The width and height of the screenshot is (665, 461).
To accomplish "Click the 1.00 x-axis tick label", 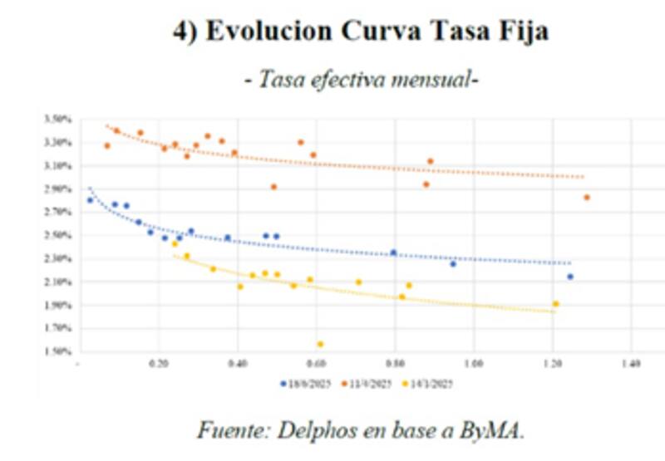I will point(474,364).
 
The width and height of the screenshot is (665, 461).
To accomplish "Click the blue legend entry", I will point(303,384).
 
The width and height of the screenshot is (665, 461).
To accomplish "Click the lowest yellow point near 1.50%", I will point(320,343).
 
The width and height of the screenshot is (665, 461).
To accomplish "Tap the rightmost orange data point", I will point(587,198).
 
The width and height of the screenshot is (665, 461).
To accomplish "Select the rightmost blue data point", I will point(570,277).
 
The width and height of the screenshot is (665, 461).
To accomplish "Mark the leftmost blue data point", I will point(90,200).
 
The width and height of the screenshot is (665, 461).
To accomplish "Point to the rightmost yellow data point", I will point(555,304).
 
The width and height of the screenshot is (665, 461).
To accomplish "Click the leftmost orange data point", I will point(106,146).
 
